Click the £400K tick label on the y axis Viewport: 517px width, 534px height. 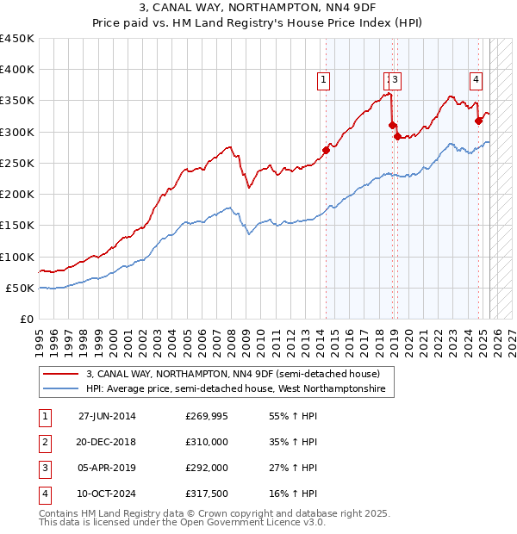tap(16, 70)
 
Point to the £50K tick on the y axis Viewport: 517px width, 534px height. tap(20, 288)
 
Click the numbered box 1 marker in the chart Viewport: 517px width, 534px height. tap(323, 80)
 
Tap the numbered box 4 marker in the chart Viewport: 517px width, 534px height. tap(476, 80)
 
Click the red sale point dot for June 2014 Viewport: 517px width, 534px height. tap(326, 150)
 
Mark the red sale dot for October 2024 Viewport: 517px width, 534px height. tap(479, 121)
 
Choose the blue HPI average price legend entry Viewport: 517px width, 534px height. tap(240, 389)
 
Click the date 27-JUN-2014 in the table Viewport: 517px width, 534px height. tap(107, 416)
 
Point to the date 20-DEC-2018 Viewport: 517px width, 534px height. tap(107, 442)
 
